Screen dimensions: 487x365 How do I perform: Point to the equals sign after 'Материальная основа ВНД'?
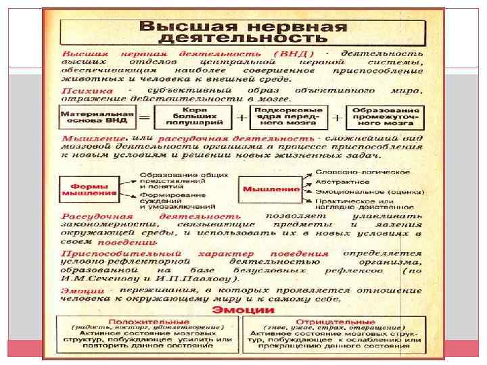coord(144,117)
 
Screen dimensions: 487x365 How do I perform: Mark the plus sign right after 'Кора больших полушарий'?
coord(241,117)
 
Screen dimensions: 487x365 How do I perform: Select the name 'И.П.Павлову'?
coord(202,278)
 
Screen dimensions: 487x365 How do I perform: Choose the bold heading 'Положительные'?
coord(149,322)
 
